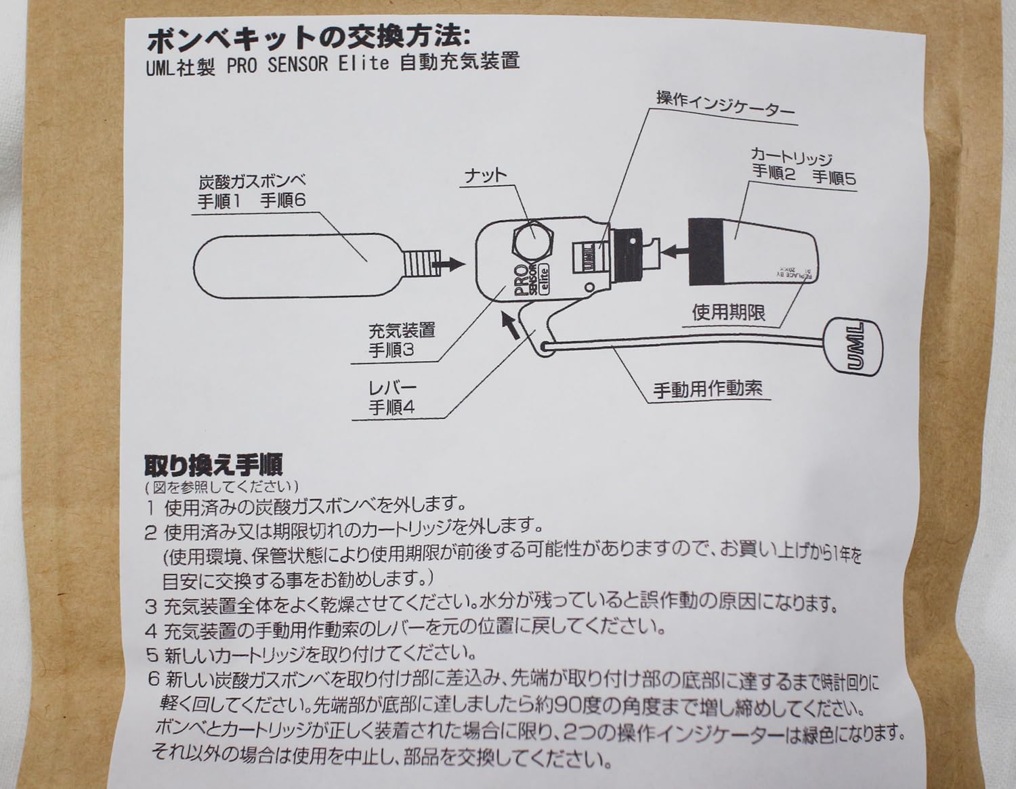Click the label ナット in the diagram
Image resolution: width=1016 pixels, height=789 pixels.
click(485, 175)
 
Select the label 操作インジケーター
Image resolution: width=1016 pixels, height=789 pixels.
click(725, 105)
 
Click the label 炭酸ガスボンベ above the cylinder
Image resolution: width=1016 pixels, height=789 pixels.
click(253, 182)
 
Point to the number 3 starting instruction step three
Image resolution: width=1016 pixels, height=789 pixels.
click(150, 604)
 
